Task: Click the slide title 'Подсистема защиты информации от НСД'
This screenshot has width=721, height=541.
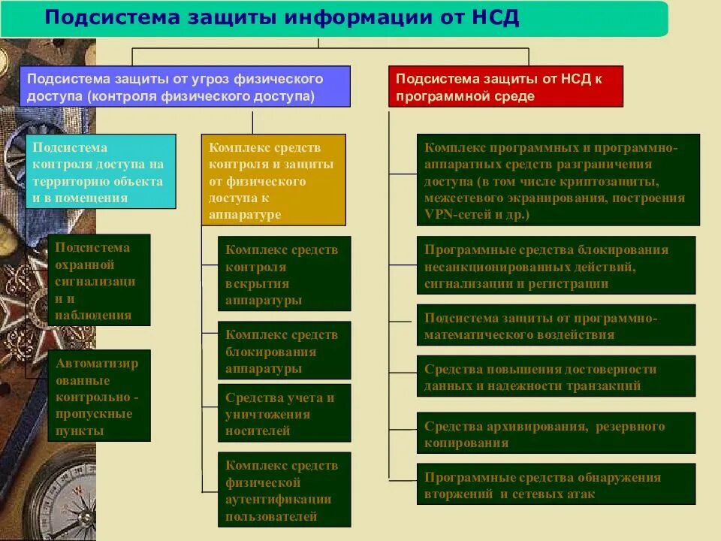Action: (x=282, y=18)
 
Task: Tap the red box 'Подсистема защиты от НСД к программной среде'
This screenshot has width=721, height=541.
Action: (x=505, y=86)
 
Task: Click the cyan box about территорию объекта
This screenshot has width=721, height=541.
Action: (x=101, y=171)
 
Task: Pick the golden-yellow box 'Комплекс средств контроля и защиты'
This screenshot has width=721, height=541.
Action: (x=273, y=180)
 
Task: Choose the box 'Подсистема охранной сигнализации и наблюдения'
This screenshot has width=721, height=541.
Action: (x=99, y=280)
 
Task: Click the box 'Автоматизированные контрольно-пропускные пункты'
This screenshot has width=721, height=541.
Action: (x=99, y=395)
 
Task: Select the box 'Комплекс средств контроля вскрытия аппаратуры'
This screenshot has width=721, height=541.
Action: (x=285, y=274)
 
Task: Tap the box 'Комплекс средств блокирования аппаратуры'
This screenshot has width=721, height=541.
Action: (x=285, y=350)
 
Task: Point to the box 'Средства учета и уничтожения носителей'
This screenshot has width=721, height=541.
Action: (x=285, y=413)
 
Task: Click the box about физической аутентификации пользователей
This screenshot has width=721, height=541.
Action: (x=285, y=490)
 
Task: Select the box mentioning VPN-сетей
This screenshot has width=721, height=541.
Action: (x=558, y=180)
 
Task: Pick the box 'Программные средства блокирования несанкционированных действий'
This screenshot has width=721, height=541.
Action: (x=556, y=265)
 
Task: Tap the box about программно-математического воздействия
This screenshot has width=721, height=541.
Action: (x=556, y=325)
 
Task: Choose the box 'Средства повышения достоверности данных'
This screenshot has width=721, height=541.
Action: (x=556, y=376)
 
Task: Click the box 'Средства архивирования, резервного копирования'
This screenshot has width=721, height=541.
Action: (x=556, y=434)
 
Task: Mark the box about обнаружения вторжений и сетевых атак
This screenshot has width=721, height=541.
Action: (x=556, y=485)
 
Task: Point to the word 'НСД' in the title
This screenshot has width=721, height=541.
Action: (x=496, y=18)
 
